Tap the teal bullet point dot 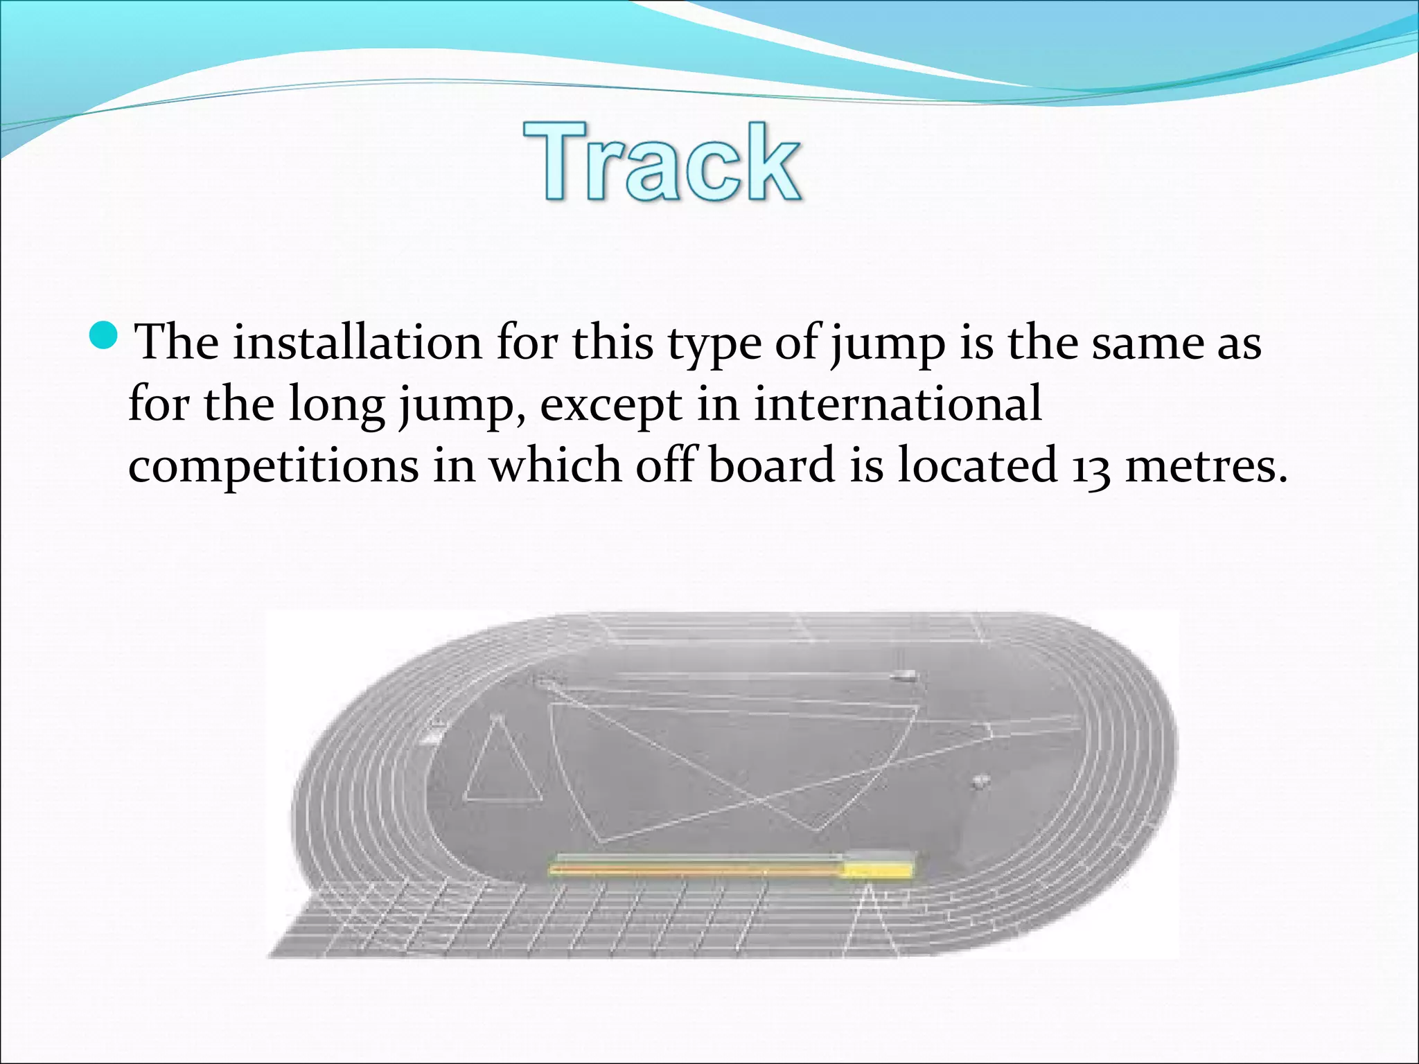coord(105,336)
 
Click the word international coord(897,404)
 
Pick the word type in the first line coord(714,345)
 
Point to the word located coord(977,465)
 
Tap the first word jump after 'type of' coord(888,345)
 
